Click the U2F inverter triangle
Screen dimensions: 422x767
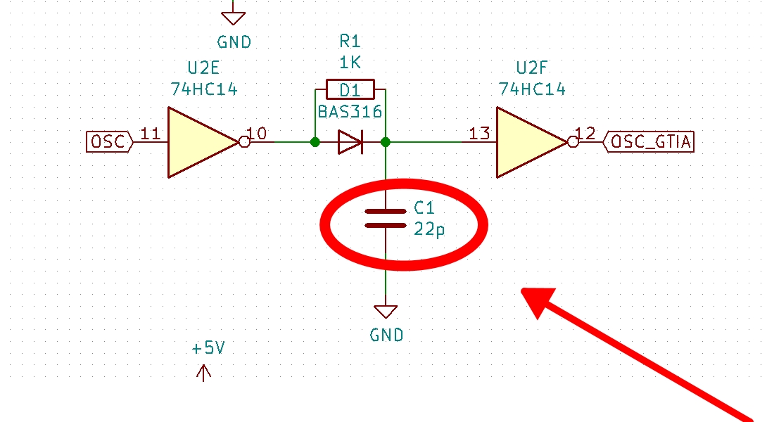[528, 142]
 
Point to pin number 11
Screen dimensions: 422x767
[150, 134]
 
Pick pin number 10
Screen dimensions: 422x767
[258, 134]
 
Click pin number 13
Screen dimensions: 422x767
[479, 134]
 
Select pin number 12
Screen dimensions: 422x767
[585, 134]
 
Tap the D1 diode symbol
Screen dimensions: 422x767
[350, 142]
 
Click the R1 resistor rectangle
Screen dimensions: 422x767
[350, 89]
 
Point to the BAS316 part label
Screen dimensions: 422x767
[350, 112]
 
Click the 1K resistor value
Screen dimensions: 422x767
[350, 63]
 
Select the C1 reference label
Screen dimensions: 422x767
[424, 208]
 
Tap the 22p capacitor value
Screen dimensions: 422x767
[429, 230]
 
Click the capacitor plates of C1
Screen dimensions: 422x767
[386, 218]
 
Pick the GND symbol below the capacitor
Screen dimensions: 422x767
[386, 312]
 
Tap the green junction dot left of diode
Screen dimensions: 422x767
[315, 142]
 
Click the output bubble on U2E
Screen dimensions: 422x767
[244, 142]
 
